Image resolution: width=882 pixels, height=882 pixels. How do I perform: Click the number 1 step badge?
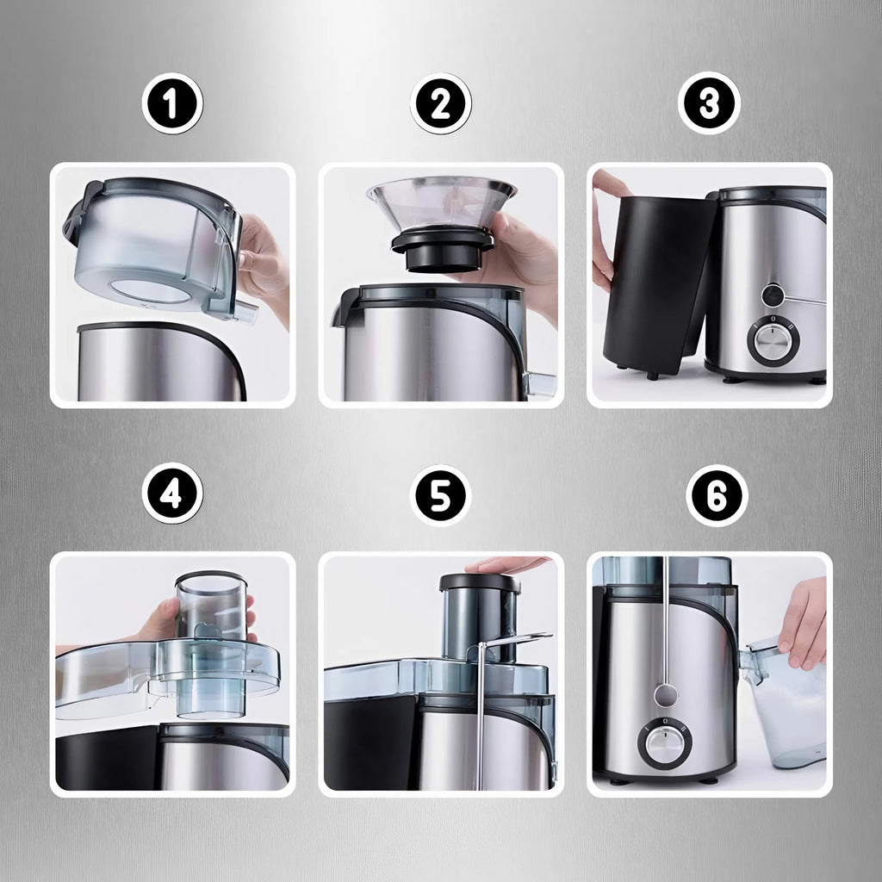pos(172,103)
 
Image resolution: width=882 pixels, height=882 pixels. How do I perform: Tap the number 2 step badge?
pos(440,103)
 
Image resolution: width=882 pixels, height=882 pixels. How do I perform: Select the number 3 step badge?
pos(709,103)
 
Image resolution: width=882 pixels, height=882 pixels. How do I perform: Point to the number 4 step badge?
pos(172,494)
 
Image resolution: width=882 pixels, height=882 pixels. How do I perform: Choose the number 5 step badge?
pos(440,495)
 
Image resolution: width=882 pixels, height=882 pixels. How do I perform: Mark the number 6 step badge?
pos(717,495)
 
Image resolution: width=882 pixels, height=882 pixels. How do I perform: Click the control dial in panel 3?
pos(773,339)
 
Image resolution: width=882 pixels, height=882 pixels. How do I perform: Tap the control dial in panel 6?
pos(665,743)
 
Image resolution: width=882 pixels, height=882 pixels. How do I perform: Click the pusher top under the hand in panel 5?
pos(480,583)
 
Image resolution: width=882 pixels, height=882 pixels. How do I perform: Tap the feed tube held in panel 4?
pos(211,644)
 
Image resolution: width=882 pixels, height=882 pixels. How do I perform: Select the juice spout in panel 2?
pos(539,385)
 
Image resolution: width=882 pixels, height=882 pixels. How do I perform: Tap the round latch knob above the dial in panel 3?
pos(773,295)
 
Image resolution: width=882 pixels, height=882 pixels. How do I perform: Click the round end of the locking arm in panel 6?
pos(666,695)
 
